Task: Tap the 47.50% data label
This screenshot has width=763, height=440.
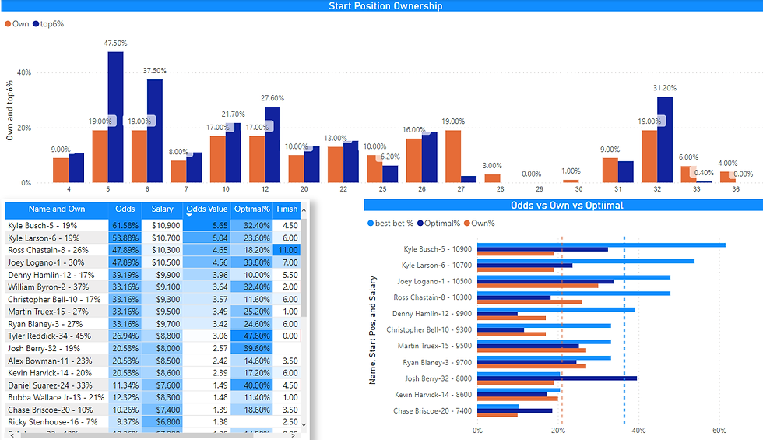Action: [x=115, y=44]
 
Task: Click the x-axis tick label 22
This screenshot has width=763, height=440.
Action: [x=343, y=188]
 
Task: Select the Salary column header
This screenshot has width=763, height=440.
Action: [x=163, y=209]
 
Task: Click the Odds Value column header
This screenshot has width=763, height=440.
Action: [x=206, y=209]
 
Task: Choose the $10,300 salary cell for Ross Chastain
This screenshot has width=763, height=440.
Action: [x=163, y=250]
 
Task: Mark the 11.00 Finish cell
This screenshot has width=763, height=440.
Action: [x=287, y=250]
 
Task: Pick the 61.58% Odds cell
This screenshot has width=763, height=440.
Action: [x=125, y=225]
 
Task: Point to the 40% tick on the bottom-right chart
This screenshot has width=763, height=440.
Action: [x=638, y=430]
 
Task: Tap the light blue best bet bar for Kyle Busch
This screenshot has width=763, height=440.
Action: [x=600, y=245]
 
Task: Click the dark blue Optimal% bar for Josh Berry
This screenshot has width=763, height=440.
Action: [x=557, y=378]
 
